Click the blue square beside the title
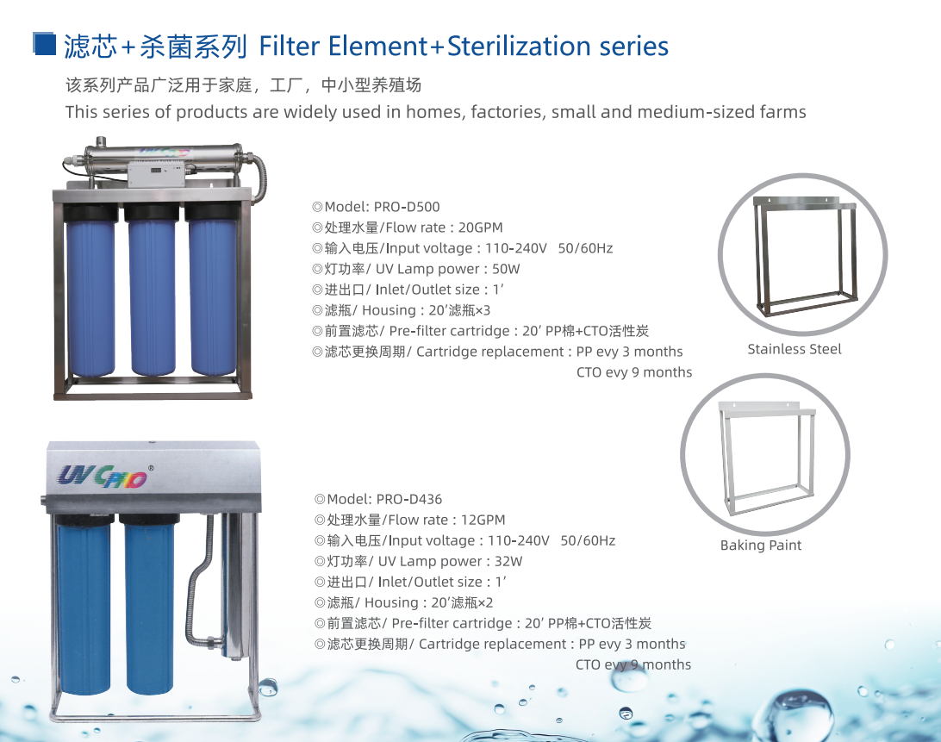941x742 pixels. coord(45,44)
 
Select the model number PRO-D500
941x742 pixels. coord(407,207)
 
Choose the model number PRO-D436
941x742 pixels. coord(409,500)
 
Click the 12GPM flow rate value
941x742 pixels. coord(483,520)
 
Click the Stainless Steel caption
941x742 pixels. coord(794,349)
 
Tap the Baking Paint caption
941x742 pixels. coord(760,546)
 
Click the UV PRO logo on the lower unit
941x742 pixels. coord(103,477)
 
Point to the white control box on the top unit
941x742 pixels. coord(155,173)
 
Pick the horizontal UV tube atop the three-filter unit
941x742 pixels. coord(163,153)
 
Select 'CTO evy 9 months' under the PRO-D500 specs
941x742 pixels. coord(634,373)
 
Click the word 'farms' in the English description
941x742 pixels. coord(782,112)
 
